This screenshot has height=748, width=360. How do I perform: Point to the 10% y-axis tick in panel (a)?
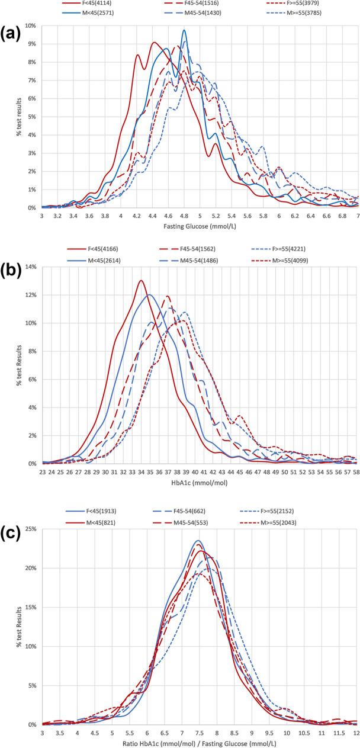point(30,25)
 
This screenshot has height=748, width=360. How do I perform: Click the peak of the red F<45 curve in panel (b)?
point(140,281)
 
